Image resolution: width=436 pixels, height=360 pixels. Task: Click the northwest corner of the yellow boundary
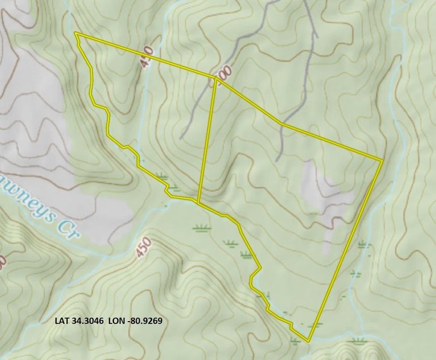click(76, 34)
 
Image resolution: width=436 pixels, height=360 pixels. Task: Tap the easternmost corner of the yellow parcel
click(382, 160)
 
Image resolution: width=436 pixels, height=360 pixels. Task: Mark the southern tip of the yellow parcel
click(309, 341)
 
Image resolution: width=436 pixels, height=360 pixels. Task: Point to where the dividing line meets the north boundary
click(215, 78)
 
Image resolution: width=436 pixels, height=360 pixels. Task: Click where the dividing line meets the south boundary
click(199, 203)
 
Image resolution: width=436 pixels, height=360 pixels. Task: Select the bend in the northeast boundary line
click(282, 124)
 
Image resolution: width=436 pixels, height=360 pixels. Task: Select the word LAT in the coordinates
click(63, 321)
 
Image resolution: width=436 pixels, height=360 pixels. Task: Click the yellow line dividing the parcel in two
click(207, 140)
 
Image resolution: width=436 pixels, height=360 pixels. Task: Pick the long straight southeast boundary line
click(345, 251)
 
